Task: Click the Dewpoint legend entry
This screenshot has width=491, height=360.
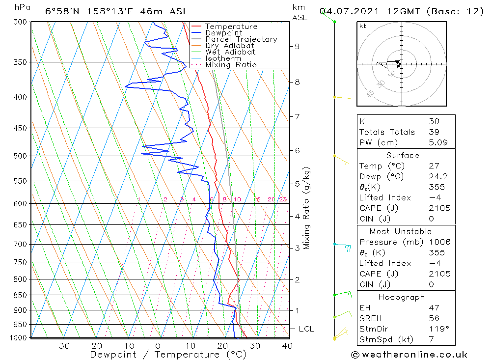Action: [223, 33]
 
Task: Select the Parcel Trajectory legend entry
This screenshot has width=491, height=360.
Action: [241, 39]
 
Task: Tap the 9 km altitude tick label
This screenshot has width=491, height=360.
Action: [297, 46]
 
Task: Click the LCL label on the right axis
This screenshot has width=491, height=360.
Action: [306, 329]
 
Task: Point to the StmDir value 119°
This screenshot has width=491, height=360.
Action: [436, 329]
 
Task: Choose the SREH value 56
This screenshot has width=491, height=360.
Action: [434, 318]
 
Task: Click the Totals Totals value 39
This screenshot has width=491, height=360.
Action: [433, 132]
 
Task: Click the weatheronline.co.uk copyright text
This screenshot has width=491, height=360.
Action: [409, 355]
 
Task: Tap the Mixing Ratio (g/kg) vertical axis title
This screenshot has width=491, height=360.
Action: [306, 208]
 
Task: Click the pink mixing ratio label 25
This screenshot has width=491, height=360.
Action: [283, 199]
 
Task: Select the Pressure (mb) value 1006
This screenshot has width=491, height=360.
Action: [439, 242]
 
